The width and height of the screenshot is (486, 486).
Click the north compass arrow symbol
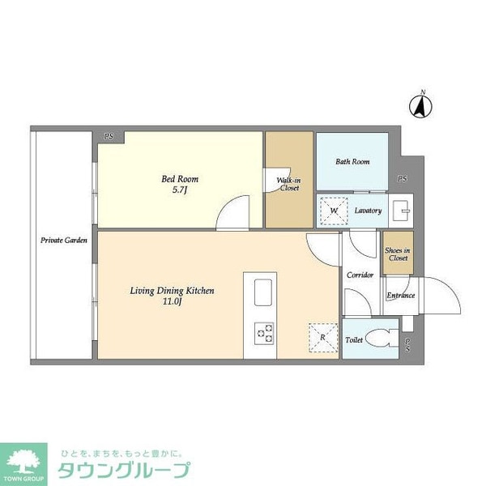[420, 104]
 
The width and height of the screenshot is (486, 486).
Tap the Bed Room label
[181, 179]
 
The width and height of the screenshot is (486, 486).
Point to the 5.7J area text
[181, 191]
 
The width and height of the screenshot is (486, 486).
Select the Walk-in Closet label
[289, 184]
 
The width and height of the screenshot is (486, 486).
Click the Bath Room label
[352, 162]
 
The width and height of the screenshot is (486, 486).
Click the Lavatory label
[368, 211]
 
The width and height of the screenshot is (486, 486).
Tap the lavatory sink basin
[400, 211]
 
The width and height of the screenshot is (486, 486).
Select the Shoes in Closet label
[398, 254]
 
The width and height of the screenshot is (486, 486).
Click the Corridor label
[360, 275]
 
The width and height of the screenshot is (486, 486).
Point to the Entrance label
[400, 296]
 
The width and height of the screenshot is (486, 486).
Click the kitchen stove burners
[265, 331]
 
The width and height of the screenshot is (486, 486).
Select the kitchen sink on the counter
[265, 294]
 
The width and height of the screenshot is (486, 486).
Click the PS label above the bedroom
[108, 136]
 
